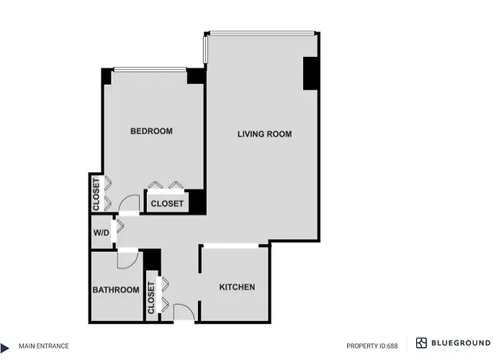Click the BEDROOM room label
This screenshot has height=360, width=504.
click(x=151, y=131)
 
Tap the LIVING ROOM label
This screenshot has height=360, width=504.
click(x=264, y=134)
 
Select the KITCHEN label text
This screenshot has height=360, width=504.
click(x=237, y=287)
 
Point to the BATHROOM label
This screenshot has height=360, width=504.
click(x=116, y=290)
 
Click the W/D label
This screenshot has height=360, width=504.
click(x=102, y=233)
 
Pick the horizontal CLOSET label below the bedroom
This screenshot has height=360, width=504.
click(x=167, y=204)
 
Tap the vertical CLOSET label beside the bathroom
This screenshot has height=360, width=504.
click(x=151, y=297)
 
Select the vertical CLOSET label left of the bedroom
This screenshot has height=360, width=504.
click(x=96, y=195)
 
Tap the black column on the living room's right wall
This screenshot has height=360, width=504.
click(x=310, y=73)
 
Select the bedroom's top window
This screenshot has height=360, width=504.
click(x=150, y=69)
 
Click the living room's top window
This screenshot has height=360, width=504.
click(x=262, y=33)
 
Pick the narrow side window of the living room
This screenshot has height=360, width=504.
click(x=205, y=50)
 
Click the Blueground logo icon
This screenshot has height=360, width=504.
click(x=421, y=343)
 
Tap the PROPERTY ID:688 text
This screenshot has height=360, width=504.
click(x=372, y=346)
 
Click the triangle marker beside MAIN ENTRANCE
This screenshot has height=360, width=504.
click(x=4, y=348)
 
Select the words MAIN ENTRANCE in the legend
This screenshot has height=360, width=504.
click(x=44, y=346)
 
